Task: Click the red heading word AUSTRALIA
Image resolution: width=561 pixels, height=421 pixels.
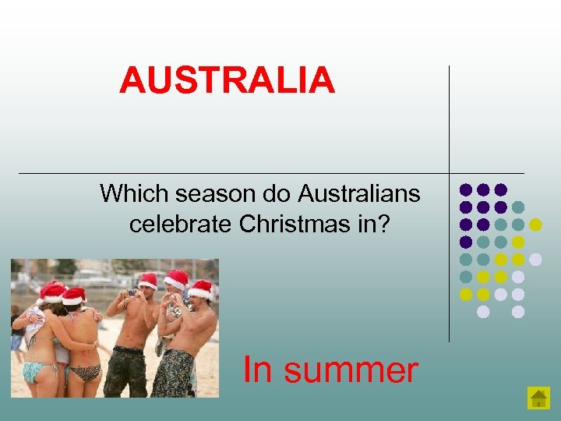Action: tap(227, 80)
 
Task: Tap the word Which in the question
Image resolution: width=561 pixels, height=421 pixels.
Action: tap(128, 193)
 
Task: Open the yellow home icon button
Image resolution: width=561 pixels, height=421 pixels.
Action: tap(538, 398)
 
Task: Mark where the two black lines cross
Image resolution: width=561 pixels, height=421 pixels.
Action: tap(450, 172)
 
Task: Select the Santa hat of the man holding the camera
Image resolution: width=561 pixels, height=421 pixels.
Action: tap(147, 279)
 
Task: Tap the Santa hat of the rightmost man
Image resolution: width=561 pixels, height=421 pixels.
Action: tap(201, 289)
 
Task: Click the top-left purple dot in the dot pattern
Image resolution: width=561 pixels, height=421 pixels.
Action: tap(466, 189)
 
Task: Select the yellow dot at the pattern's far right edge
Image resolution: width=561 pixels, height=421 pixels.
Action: tap(535, 225)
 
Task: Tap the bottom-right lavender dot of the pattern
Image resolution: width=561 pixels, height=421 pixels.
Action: tap(518, 312)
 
